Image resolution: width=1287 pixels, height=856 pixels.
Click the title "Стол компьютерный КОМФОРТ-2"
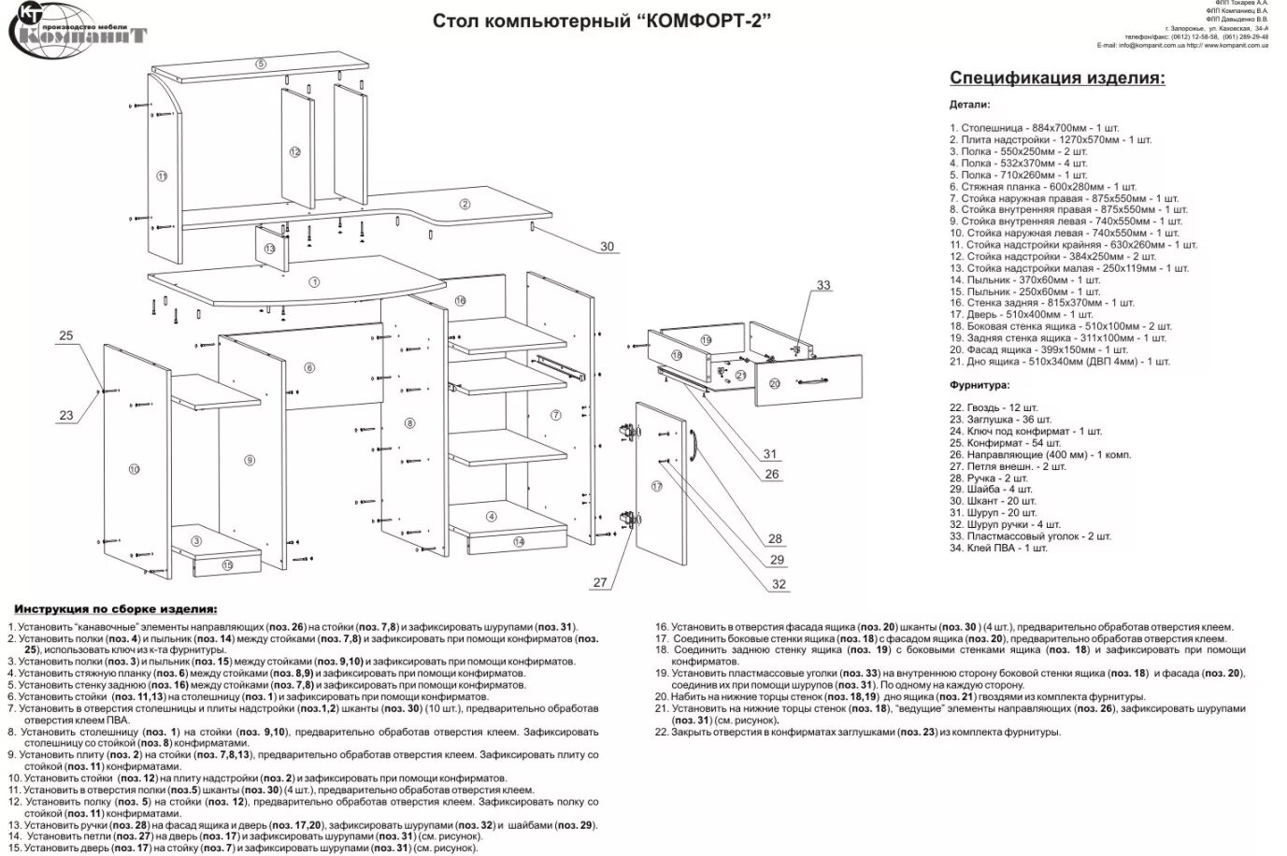click(x=603, y=21)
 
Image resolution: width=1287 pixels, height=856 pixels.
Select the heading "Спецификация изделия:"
click(x=1057, y=78)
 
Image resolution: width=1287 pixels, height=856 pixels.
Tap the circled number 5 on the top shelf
click(x=261, y=64)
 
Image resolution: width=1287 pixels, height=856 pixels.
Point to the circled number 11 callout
click(x=161, y=176)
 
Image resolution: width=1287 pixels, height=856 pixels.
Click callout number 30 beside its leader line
click(x=608, y=247)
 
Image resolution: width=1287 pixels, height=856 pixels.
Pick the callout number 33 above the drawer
click(x=822, y=285)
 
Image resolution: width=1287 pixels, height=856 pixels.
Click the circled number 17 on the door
click(x=657, y=486)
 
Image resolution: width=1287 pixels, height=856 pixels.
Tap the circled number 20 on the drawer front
click(x=774, y=383)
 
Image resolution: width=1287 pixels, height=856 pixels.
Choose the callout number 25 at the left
click(x=65, y=335)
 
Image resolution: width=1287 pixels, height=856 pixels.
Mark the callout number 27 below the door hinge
click(x=599, y=582)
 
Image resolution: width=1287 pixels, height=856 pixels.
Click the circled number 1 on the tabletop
click(x=314, y=281)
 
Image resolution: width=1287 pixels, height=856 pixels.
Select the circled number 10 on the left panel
click(x=134, y=468)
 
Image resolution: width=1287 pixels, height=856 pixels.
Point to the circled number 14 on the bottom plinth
click(x=519, y=541)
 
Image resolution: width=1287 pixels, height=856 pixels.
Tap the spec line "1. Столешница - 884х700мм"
click(x=1035, y=127)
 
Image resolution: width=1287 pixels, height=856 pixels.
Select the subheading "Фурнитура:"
click(x=980, y=385)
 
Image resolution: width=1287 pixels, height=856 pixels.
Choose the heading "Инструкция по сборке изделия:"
click(x=115, y=608)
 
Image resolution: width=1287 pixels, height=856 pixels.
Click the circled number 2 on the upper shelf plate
click(x=465, y=204)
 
